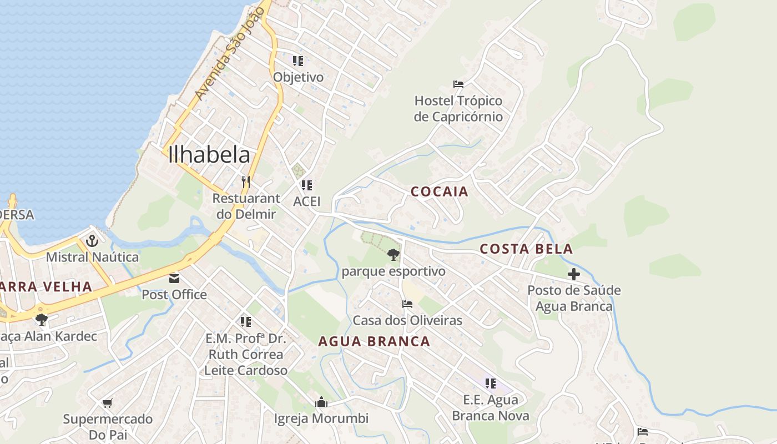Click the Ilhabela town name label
point(209,155)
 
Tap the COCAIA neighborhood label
point(440,192)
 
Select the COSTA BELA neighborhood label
point(526,249)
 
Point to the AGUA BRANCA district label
point(374,342)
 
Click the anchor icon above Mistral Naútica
point(92,241)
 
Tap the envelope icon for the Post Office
point(174,278)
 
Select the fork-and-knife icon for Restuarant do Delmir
point(246,181)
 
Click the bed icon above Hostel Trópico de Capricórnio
point(458,84)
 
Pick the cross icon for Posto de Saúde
point(574,274)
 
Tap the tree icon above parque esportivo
point(393,255)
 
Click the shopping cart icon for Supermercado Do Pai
point(108,402)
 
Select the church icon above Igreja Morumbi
point(321,402)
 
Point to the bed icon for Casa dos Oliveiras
point(407,304)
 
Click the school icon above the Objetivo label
point(298,60)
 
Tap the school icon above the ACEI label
point(306,185)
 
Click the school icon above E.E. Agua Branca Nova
point(490,383)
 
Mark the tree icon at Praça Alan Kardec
point(41,320)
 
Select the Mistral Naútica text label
point(92,258)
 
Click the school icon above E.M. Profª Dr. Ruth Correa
point(245,322)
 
